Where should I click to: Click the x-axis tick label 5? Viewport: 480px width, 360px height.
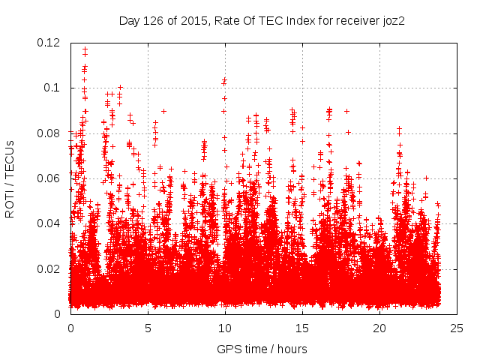coord(148,328)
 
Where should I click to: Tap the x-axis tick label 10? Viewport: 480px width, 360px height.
coord(225,328)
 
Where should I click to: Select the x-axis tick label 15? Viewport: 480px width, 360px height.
coord(302,328)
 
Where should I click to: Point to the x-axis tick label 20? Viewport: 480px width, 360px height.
coord(379,328)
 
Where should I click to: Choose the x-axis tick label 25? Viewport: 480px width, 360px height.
coord(457,328)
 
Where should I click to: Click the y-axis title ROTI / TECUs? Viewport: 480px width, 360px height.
coord(10,178)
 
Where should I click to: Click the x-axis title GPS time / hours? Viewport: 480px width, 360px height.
coord(262,349)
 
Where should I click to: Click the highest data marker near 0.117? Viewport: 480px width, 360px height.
coord(85,49)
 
